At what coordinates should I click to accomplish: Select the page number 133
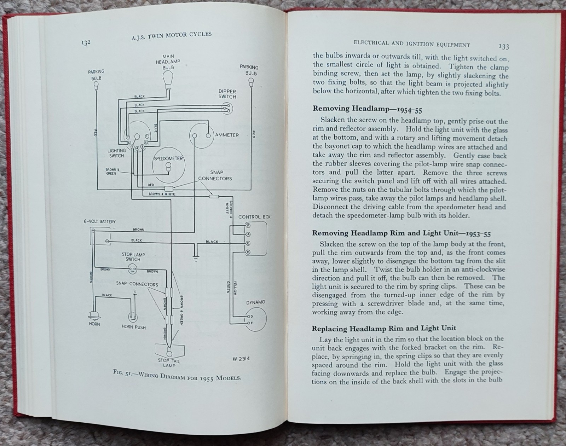click(x=503, y=46)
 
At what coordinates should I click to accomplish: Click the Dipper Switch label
click(x=227, y=94)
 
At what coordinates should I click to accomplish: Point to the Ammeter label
click(x=227, y=135)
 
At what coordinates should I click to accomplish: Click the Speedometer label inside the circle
click(x=168, y=158)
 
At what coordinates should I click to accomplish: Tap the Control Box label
click(x=254, y=216)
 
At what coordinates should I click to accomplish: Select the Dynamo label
click(x=255, y=302)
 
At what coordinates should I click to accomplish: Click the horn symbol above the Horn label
click(x=94, y=315)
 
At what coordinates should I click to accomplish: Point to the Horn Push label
click(x=133, y=327)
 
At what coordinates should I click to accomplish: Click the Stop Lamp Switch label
click(x=133, y=257)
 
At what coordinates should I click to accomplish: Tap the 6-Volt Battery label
click(x=100, y=221)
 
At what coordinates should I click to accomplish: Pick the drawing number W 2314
click(x=241, y=358)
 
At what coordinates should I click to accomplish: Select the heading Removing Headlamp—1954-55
click(x=367, y=109)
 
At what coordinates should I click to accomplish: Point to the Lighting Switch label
click(x=116, y=153)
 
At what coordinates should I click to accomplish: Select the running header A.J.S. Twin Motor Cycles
click(x=169, y=36)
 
